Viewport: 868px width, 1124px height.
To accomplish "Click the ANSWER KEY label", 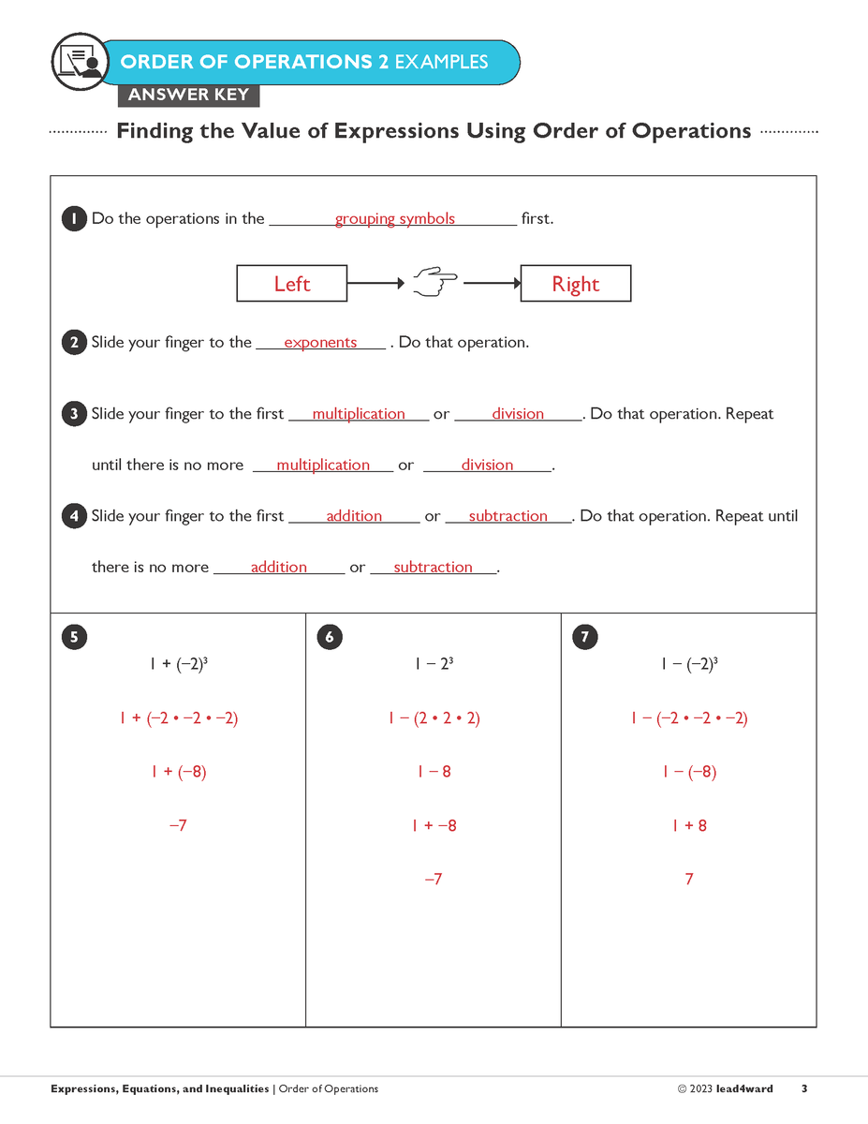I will [188, 95].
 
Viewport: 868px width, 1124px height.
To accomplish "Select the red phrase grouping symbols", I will [394, 219].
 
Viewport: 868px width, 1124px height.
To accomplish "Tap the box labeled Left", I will [291, 284].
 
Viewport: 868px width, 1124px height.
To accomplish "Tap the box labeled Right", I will [575, 284].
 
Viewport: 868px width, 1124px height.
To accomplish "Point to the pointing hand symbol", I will [434, 281].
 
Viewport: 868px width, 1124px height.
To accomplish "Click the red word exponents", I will [320, 343].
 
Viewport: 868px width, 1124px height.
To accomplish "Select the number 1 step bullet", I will [74, 219].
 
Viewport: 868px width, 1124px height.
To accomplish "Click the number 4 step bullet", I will [74, 516].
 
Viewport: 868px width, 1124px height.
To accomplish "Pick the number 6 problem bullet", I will [330, 638].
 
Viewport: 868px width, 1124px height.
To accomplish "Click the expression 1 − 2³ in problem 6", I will [434, 665].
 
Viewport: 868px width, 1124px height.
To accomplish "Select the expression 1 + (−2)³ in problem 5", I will [178, 665].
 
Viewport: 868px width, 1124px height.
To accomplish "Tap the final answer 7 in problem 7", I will [689, 880].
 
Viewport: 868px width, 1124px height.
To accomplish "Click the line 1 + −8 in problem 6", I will [434, 826].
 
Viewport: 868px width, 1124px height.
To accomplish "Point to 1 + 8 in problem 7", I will [689, 826].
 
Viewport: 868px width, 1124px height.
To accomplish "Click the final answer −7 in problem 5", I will [178, 826].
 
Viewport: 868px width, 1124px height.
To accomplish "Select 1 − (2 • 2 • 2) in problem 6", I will [434, 719].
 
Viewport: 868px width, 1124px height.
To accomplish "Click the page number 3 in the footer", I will [804, 1089].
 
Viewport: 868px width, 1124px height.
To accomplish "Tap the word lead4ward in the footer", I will [744, 1089].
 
